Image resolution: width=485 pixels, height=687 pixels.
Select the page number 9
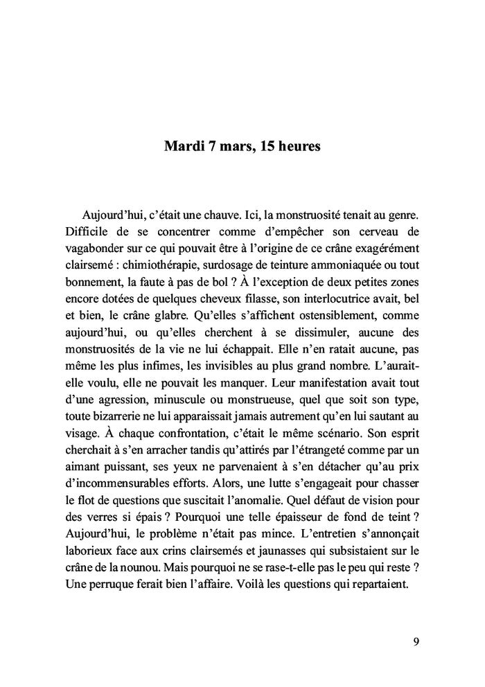pos(415,641)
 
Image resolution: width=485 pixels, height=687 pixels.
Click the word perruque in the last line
pos(109,588)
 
